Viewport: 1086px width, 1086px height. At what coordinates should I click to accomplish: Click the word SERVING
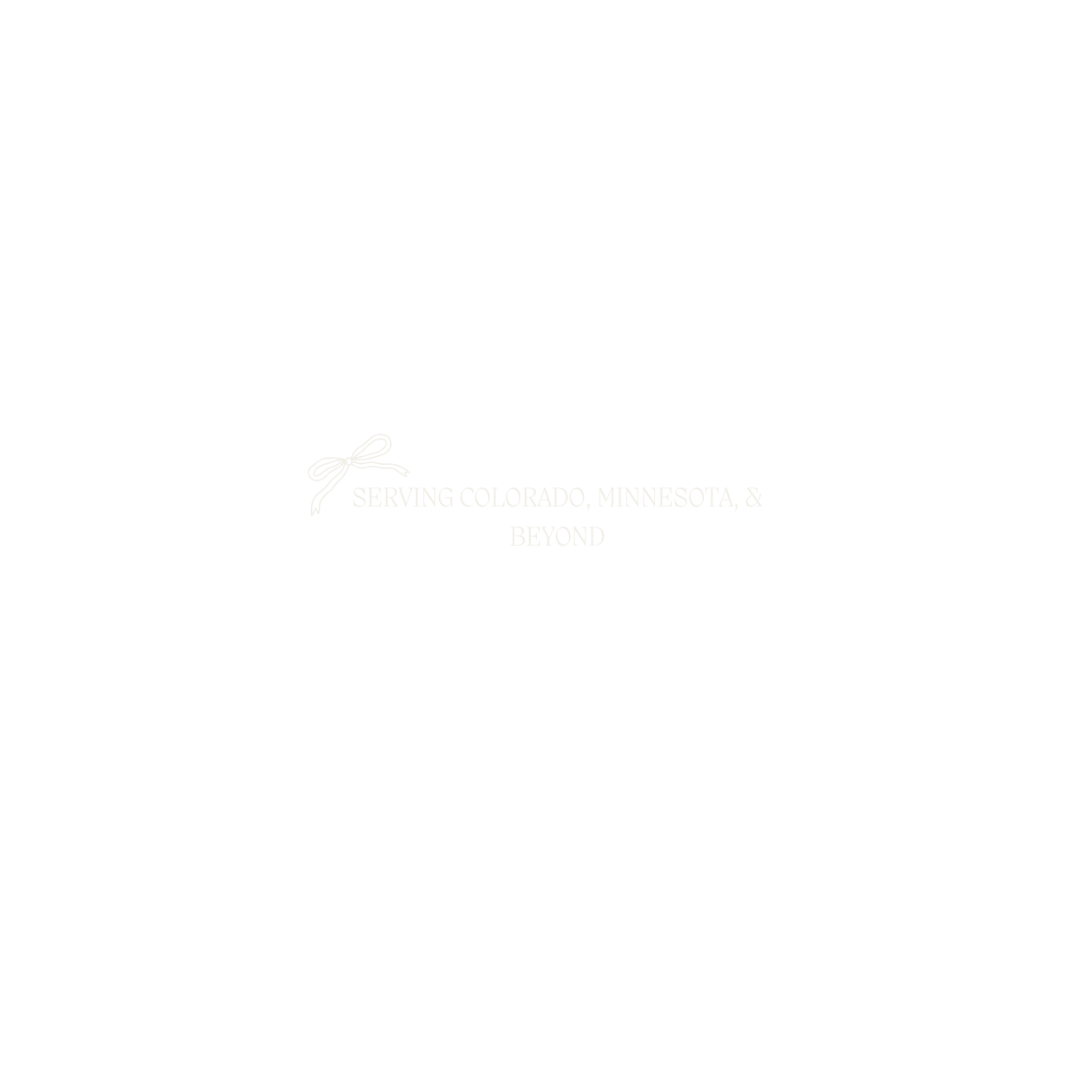[402, 498]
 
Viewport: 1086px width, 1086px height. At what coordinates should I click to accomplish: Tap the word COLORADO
[522, 498]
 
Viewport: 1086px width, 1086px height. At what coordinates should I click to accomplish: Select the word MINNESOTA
[665, 498]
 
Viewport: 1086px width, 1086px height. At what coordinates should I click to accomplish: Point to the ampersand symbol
[753, 498]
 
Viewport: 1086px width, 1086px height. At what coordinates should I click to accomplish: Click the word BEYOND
[557, 537]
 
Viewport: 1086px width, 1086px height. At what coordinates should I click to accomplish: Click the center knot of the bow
[349, 461]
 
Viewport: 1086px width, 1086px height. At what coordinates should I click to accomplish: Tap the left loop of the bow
[324, 467]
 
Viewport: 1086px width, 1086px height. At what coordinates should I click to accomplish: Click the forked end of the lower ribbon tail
[315, 511]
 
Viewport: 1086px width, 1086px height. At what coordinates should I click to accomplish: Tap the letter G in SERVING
[445, 498]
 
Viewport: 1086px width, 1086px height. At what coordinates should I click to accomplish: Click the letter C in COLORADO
[467, 498]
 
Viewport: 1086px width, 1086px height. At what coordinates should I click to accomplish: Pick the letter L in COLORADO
[498, 498]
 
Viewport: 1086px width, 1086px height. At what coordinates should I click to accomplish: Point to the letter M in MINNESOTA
[607, 498]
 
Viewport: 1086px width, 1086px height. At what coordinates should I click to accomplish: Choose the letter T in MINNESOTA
[710, 498]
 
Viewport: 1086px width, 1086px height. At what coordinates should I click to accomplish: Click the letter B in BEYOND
[517, 537]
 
